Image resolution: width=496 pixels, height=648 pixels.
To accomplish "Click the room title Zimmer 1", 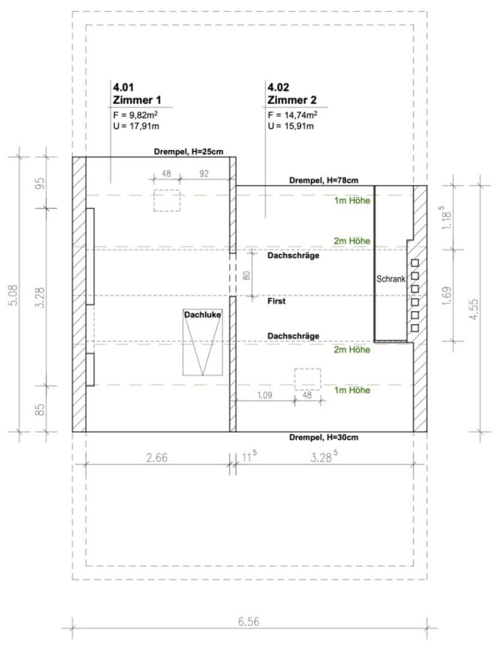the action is pyautogui.click(x=137, y=100).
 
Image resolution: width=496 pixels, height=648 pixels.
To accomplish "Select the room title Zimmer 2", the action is pyautogui.click(x=292, y=100).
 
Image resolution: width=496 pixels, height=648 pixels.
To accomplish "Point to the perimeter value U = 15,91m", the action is pyautogui.click(x=290, y=126).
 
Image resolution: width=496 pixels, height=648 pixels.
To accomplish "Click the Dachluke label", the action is pyautogui.click(x=202, y=315).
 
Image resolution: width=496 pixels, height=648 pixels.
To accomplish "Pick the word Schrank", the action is pyautogui.click(x=390, y=279).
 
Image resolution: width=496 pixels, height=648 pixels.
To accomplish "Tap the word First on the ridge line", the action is pyautogui.click(x=276, y=301).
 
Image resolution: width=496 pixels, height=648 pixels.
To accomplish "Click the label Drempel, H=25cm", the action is pyautogui.click(x=189, y=152).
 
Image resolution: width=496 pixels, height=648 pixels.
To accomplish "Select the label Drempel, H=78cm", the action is pyautogui.click(x=324, y=180).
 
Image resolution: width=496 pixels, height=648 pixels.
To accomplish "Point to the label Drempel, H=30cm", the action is pyautogui.click(x=324, y=437).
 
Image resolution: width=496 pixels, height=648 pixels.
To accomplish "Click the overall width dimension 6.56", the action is pyautogui.click(x=249, y=621).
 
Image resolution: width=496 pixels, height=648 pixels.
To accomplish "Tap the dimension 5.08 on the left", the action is pyautogui.click(x=14, y=295).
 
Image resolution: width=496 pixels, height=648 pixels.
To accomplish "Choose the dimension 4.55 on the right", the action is pyautogui.click(x=474, y=309).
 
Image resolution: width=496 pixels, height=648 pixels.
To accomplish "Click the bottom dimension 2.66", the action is pyautogui.click(x=157, y=458).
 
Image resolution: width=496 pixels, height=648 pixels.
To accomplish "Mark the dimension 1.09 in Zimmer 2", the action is pyautogui.click(x=265, y=395).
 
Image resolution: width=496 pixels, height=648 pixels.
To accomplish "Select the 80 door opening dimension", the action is pyautogui.click(x=247, y=275).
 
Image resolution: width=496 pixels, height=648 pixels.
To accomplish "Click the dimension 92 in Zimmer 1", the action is pyautogui.click(x=204, y=173).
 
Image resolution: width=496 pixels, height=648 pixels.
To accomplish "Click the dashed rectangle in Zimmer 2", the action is pyautogui.click(x=307, y=380).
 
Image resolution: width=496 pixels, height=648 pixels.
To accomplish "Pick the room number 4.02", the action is pyautogui.click(x=278, y=87).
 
